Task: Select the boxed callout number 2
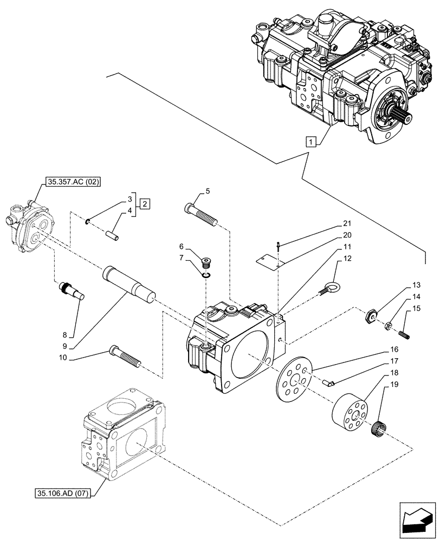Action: pyautogui.click(x=145, y=204)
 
